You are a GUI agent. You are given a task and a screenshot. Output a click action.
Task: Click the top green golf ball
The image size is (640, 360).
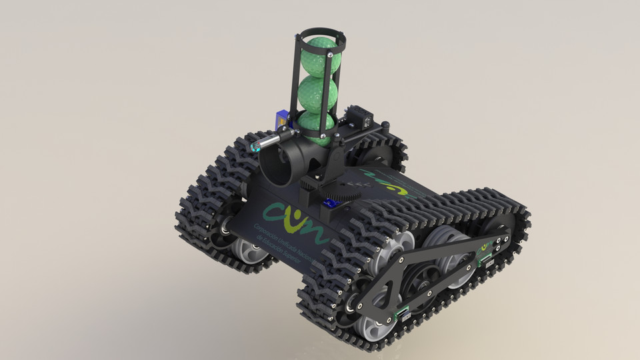(x=319, y=57)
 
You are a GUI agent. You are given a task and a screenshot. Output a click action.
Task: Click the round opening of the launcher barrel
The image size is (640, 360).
(x=275, y=165)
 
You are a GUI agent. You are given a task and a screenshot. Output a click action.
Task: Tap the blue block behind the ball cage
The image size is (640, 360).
(x=283, y=119)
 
